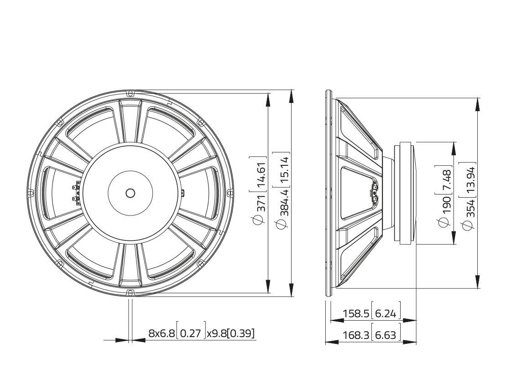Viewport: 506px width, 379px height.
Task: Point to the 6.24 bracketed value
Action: tap(386, 313)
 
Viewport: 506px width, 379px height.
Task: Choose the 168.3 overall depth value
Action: tap(357, 335)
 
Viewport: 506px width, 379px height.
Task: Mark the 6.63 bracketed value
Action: tap(386, 335)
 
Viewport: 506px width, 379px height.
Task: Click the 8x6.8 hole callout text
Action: tap(162, 333)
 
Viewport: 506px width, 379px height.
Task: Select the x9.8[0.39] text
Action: tap(230, 333)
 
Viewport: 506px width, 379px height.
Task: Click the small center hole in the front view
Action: tap(130, 193)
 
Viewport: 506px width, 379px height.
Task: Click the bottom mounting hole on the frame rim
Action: tap(130, 292)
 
